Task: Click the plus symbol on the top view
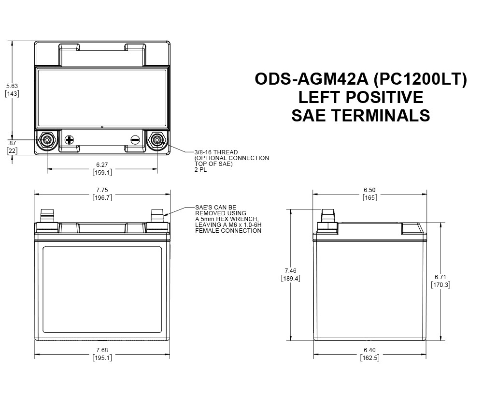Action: point(69,140)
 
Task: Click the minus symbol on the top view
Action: point(135,140)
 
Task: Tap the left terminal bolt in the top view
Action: point(47,140)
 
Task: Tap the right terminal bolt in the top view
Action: point(157,140)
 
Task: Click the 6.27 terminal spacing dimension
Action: point(102,164)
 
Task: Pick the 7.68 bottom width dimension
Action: point(102,350)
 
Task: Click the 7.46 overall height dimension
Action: point(290,271)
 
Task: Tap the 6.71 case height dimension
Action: point(440,277)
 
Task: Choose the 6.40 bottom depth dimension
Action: point(369,350)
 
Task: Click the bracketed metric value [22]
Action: point(12,151)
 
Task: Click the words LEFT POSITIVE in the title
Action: point(360,97)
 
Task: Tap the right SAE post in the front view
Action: point(157,216)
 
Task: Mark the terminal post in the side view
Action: point(328,216)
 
